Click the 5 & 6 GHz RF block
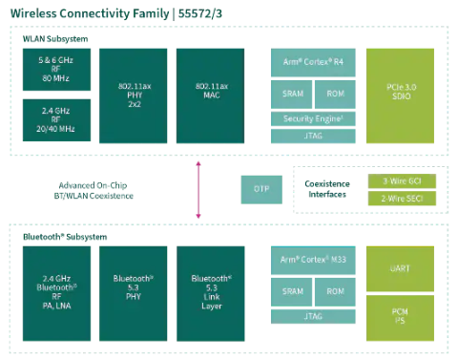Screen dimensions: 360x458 tap(56, 70)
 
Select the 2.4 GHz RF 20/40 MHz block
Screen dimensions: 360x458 tap(56, 120)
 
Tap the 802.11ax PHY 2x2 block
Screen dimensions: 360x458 tap(132, 95)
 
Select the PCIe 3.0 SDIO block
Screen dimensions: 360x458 tap(402, 95)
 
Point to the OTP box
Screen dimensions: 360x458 tap(261, 189)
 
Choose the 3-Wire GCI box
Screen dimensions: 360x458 tap(402, 180)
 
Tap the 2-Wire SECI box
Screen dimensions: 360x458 tap(402, 199)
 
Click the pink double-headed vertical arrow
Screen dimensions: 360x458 tap(198, 189)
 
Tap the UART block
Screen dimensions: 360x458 tap(402, 269)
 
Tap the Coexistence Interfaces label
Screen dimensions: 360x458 tap(327, 189)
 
